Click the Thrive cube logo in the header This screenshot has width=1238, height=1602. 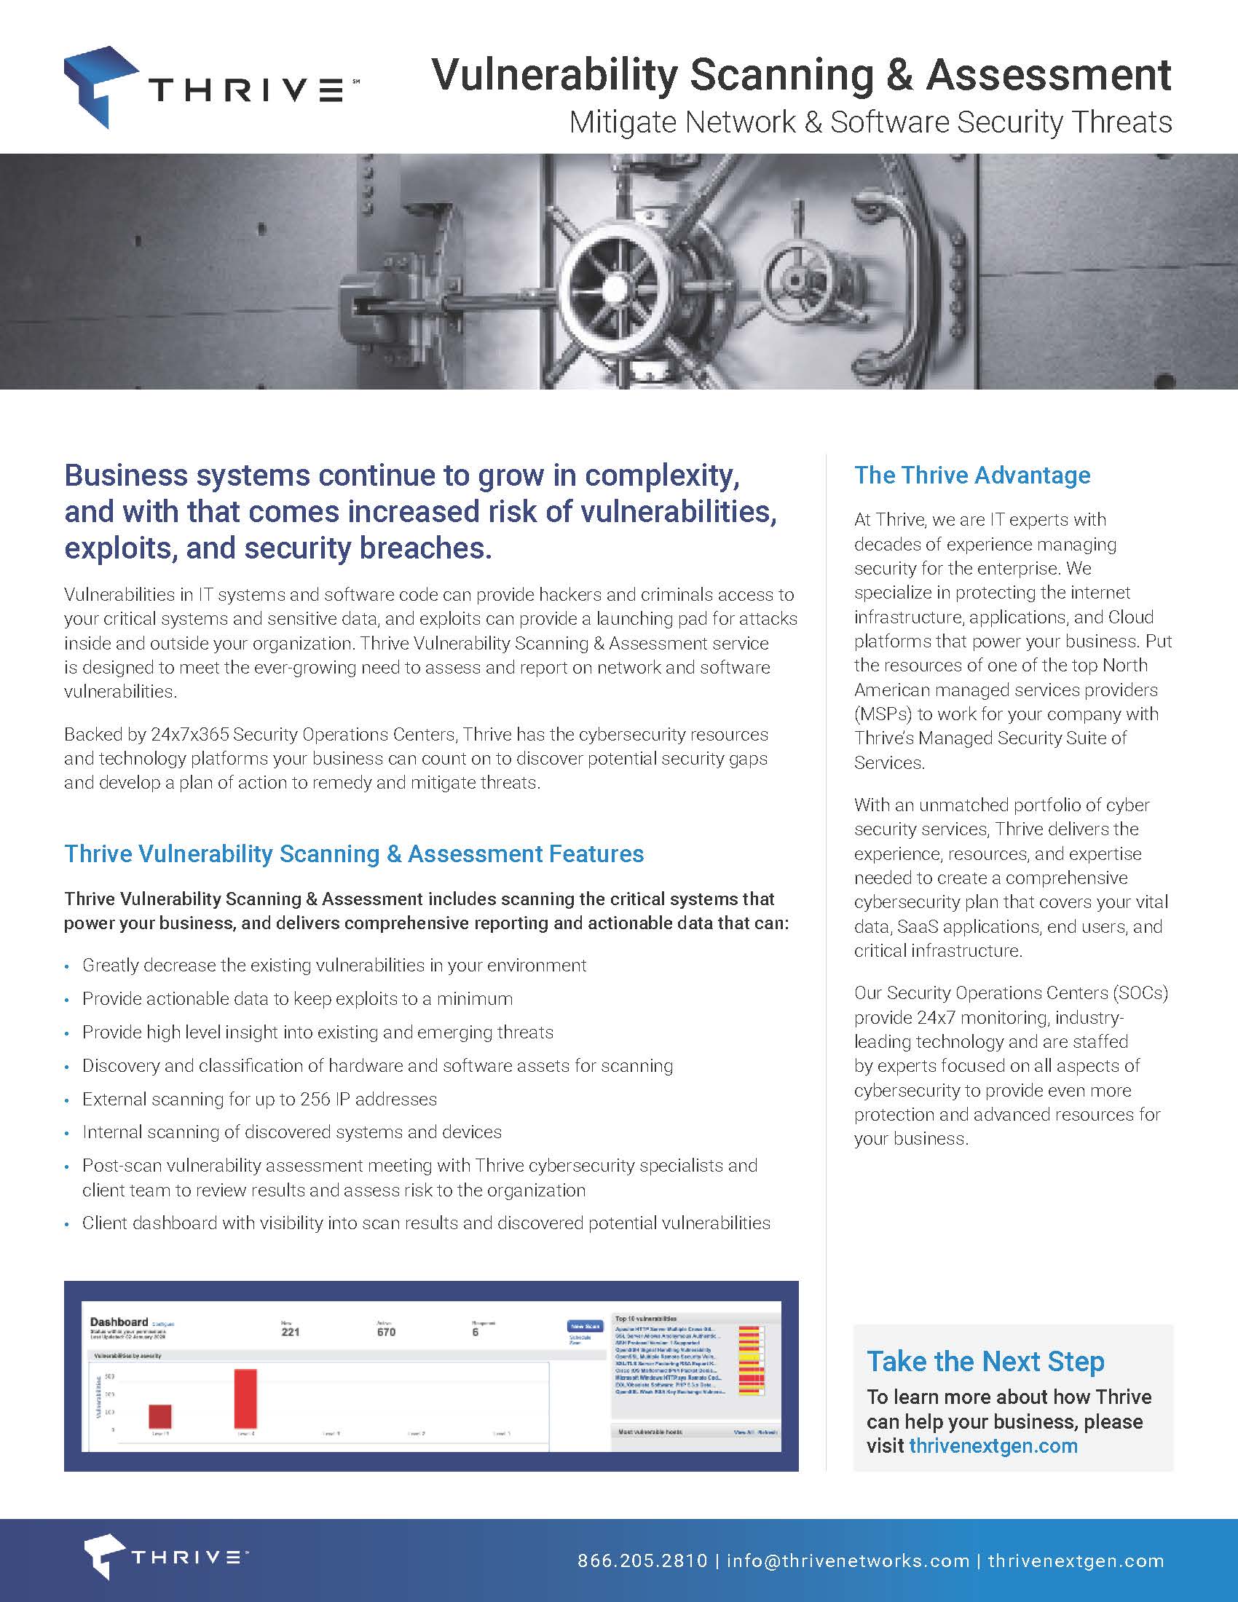coord(100,86)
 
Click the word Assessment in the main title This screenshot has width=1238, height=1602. coord(1048,75)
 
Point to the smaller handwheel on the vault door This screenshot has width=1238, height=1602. coord(795,280)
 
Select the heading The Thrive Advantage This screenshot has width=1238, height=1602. coord(971,476)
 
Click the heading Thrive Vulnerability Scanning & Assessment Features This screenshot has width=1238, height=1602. coord(353,854)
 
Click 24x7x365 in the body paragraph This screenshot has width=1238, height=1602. coord(190,734)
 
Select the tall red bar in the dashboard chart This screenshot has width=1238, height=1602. coord(245,1398)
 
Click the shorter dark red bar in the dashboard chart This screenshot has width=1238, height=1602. coord(160,1416)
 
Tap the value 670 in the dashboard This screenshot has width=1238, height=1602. coord(386,1332)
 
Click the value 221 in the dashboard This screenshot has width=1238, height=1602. coord(291,1332)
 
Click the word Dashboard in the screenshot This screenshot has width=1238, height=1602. coord(119,1322)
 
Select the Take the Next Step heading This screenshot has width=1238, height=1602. coord(985,1362)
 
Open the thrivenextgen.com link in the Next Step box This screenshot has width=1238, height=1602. coord(993,1445)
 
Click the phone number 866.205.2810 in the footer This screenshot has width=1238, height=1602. coord(642,1560)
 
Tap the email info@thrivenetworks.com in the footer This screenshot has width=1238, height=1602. coord(848,1560)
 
